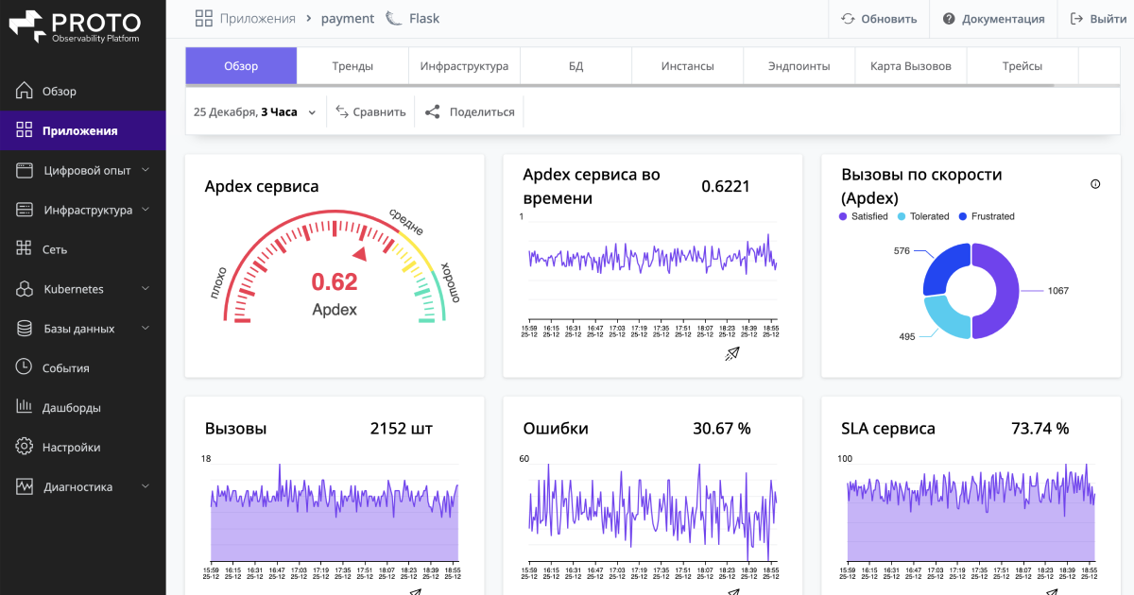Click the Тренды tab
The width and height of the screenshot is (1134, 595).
pos(352,66)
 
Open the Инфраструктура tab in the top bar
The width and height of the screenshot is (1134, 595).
pos(464,66)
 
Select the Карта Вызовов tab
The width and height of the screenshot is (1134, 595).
pos(911,66)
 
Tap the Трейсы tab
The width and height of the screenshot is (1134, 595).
pos(1022,66)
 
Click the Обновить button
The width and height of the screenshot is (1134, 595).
pos(879,19)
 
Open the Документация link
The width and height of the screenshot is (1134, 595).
pos(993,19)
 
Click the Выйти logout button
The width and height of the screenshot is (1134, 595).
pos(1097,19)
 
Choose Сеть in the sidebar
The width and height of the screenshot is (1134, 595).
pos(55,249)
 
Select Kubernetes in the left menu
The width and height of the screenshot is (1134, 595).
pos(74,289)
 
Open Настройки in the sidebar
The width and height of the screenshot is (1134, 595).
pos(71,448)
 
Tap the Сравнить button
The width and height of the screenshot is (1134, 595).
pos(370,111)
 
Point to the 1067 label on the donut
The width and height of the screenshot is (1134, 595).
pos(1057,291)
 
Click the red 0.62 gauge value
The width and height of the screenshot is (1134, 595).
pos(335,281)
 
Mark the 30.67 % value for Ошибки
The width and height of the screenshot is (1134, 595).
pos(721,429)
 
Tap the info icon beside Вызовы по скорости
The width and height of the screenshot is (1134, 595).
pos(1095,184)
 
